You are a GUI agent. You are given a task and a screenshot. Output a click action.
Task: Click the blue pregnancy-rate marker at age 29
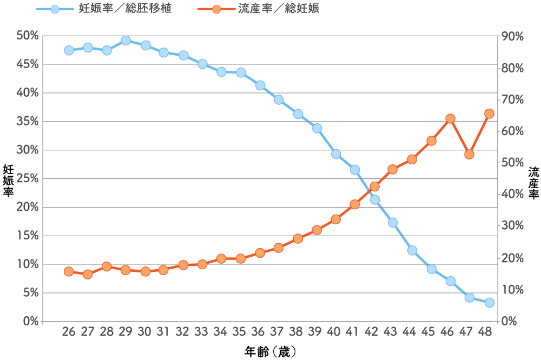point(126,41)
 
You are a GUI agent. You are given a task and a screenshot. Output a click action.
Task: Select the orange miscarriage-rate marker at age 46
point(450,119)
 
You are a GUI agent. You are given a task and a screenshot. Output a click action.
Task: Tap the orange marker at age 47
point(469,155)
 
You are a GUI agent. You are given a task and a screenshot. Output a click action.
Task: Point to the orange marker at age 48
point(489,114)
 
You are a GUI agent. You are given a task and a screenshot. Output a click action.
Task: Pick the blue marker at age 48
point(489,303)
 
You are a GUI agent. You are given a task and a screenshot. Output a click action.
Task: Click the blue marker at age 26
point(69,50)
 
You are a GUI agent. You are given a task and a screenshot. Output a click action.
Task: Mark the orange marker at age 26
point(69,272)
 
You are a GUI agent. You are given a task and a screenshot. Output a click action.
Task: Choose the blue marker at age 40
point(336,154)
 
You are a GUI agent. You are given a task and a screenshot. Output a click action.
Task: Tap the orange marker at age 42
point(375,186)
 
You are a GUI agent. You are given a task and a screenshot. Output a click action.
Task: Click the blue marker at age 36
point(261,85)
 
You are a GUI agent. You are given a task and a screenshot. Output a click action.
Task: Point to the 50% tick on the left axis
point(27,36)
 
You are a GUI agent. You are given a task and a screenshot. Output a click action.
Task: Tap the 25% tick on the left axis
point(27,178)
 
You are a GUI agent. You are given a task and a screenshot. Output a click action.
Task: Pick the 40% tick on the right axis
point(512,194)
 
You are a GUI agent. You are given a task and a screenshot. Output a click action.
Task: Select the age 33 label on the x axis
point(201,331)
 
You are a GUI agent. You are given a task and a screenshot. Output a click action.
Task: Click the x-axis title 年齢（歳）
point(270,352)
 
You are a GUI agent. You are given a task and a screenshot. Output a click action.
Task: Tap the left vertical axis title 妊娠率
point(8,181)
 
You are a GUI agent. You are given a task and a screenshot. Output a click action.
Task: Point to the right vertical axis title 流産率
point(534,183)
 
